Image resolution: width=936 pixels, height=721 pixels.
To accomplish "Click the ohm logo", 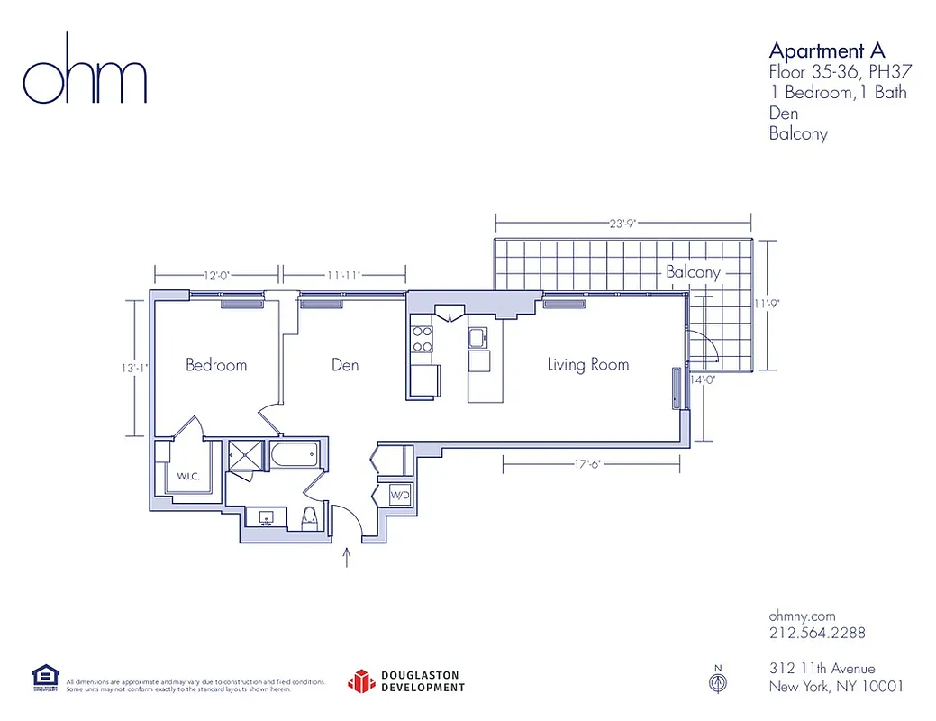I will [x=84, y=69].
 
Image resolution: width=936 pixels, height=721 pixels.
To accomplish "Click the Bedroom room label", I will [x=216, y=365].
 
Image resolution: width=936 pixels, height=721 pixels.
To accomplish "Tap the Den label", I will [x=345, y=365].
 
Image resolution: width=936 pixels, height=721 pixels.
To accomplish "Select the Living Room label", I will [x=587, y=365].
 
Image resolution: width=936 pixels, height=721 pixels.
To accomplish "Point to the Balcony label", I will [x=693, y=272].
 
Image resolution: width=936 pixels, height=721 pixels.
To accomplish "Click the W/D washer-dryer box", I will [x=400, y=495].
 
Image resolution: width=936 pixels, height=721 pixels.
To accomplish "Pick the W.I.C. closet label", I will [x=187, y=476].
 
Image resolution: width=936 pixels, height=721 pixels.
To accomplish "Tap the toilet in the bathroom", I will [x=309, y=516].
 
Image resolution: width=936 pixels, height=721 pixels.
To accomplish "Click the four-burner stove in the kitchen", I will [x=421, y=338].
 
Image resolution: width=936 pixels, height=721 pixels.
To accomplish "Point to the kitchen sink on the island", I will [x=478, y=338].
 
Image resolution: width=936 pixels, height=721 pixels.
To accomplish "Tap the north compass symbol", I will [x=718, y=681].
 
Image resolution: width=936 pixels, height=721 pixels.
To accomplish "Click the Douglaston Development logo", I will [x=406, y=681].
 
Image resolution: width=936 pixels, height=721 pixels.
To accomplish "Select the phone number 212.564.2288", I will [x=817, y=633].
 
